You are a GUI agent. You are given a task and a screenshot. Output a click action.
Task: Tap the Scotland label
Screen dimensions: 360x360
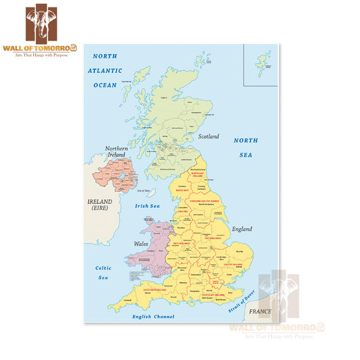[x=209, y=136]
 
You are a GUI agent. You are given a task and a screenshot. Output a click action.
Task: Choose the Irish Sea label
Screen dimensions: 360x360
[x=147, y=206]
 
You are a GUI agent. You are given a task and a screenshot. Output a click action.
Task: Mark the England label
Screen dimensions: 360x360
[x=242, y=229]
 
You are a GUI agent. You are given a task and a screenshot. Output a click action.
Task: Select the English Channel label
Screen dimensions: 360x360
[x=153, y=316]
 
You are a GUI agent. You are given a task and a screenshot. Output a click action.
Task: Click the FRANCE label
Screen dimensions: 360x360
[x=259, y=312]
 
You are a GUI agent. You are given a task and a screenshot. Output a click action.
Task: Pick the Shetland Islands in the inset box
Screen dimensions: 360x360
[x=263, y=62]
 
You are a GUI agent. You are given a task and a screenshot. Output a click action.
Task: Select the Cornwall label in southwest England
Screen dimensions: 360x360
[x=127, y=301]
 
